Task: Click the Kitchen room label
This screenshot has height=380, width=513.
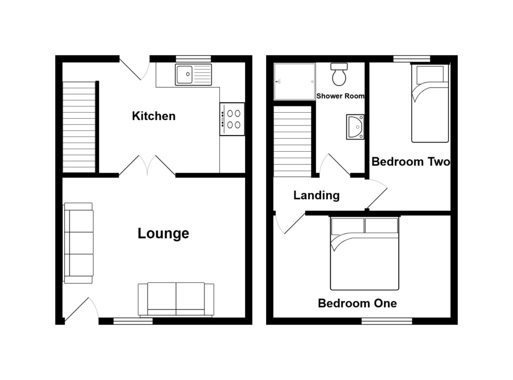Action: pos(154,116)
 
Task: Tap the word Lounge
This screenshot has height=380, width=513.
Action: pos(163,233)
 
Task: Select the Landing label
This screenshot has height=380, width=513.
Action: pos(317,195)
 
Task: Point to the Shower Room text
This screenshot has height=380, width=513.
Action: pos(340,96)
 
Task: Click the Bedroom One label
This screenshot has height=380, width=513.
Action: pos(357,303)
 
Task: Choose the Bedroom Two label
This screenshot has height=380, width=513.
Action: pos(410,162)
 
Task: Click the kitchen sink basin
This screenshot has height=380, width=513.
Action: pos(184,75)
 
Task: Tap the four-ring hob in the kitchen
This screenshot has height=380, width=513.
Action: pos(232,119)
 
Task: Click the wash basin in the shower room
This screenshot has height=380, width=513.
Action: pos(355,126)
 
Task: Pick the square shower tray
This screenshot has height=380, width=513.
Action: pos(295,81)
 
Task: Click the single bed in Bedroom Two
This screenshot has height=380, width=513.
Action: pos(430,103)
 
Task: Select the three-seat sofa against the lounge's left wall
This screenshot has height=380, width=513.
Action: pos(79,243)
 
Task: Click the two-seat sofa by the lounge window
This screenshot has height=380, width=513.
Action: pos(176,299)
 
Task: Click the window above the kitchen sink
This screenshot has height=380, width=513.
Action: pos(193,59)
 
